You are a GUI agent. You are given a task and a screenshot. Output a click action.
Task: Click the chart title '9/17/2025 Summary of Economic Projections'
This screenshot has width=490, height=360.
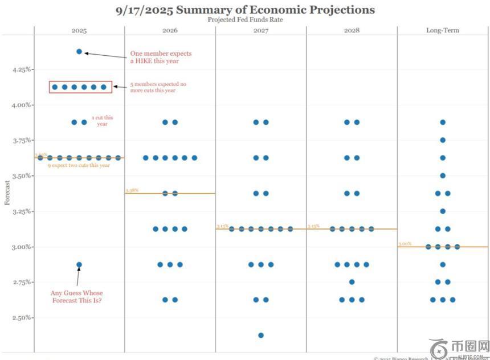[245, 10]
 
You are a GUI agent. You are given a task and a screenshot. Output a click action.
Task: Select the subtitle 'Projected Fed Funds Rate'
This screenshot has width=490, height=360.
[245, 19]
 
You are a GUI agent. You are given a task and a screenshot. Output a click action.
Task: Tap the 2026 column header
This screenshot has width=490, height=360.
[170, 30]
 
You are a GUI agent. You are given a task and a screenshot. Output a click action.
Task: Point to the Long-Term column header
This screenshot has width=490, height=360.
[443, 30]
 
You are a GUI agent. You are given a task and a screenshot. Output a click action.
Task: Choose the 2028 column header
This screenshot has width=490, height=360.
[352, 30]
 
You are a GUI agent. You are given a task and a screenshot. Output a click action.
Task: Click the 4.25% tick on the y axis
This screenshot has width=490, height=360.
[21, 69]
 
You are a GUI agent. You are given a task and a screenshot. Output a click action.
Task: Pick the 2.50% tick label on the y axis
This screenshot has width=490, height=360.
[21, 318]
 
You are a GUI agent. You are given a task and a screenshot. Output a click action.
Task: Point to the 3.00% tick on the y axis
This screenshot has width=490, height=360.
[21, 247]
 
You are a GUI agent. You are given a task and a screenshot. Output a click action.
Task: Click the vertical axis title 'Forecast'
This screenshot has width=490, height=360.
[7, 194]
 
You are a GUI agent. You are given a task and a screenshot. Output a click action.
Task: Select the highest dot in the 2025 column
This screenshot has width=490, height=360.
[79, 51]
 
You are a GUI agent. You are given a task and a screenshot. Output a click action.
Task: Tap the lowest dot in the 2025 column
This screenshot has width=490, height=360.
[79, 264]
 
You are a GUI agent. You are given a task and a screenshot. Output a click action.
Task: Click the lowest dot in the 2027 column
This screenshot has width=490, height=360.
[261, 335]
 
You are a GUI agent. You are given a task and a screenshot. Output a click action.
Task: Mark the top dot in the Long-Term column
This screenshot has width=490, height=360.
[443, 122]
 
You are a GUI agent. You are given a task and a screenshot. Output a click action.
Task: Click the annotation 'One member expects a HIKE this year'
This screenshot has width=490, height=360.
[161, 58]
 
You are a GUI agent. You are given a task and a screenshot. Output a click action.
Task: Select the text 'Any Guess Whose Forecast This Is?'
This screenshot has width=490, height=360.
[76, 297]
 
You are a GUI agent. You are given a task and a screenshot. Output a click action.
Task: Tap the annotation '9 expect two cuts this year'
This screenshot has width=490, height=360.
[79, 165]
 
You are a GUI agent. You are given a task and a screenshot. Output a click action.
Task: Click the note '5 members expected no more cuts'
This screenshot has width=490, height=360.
[158, 87]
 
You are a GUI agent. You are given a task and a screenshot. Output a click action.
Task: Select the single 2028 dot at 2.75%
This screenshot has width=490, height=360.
[352, 282]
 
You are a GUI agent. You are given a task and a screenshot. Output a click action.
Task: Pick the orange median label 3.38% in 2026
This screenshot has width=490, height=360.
[132, 190]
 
